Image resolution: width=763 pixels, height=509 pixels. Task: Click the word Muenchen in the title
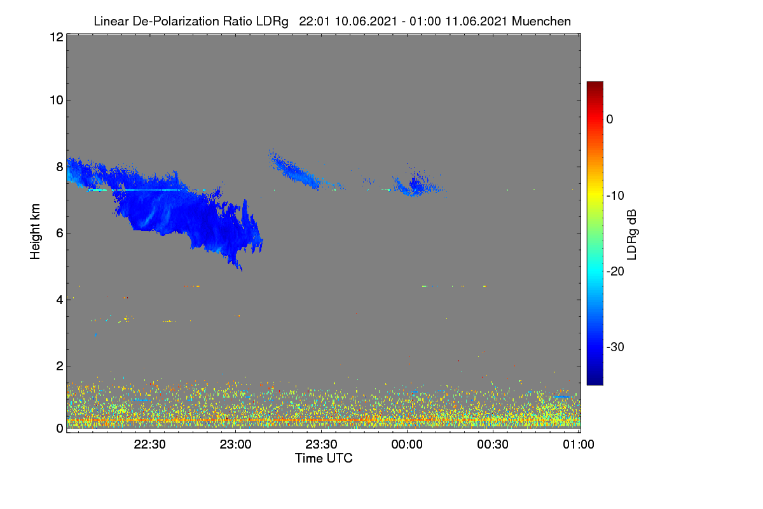(x=541, y=22)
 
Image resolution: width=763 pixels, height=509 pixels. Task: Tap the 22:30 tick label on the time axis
(x=149, y=444)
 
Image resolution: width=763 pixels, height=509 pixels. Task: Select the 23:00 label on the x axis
(x=235, y=444)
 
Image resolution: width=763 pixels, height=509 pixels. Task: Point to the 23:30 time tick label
(x=321, y=444)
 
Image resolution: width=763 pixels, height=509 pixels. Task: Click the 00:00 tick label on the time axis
(x=407, y=444)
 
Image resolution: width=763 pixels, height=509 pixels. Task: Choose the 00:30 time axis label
(x=493, y=444)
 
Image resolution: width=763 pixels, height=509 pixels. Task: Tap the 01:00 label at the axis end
(x=579, y=444)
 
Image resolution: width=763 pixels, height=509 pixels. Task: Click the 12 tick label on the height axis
(x=57, y=37)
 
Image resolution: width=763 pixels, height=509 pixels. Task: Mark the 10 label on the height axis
(x=57, y=101)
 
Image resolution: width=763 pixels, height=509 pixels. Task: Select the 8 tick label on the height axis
(x=60, y=167)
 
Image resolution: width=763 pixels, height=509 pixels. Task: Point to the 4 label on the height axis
(x=60, y=300)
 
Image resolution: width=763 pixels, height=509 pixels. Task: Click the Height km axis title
(x=35, y=232)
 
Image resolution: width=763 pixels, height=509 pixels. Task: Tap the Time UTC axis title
(x=324, y=458)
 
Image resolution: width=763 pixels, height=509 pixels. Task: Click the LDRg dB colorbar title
(x=632, y=235)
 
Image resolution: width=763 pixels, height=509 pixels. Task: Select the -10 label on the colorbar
(x=615, y=196)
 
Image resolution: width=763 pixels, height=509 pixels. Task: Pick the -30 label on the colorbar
(x=615, y=347)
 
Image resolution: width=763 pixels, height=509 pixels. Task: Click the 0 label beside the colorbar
(x=610, y=120)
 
